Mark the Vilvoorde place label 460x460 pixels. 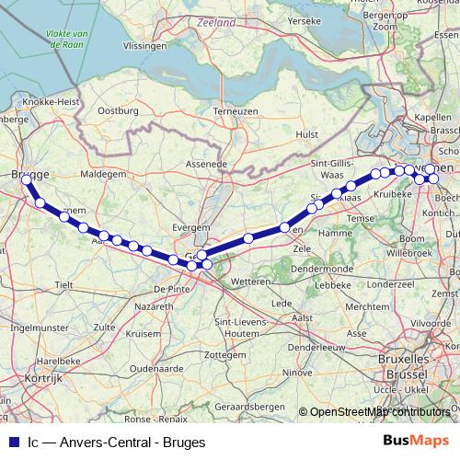point(431,323)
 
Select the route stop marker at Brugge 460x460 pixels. point(26,180)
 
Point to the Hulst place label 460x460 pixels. point(306,133)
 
